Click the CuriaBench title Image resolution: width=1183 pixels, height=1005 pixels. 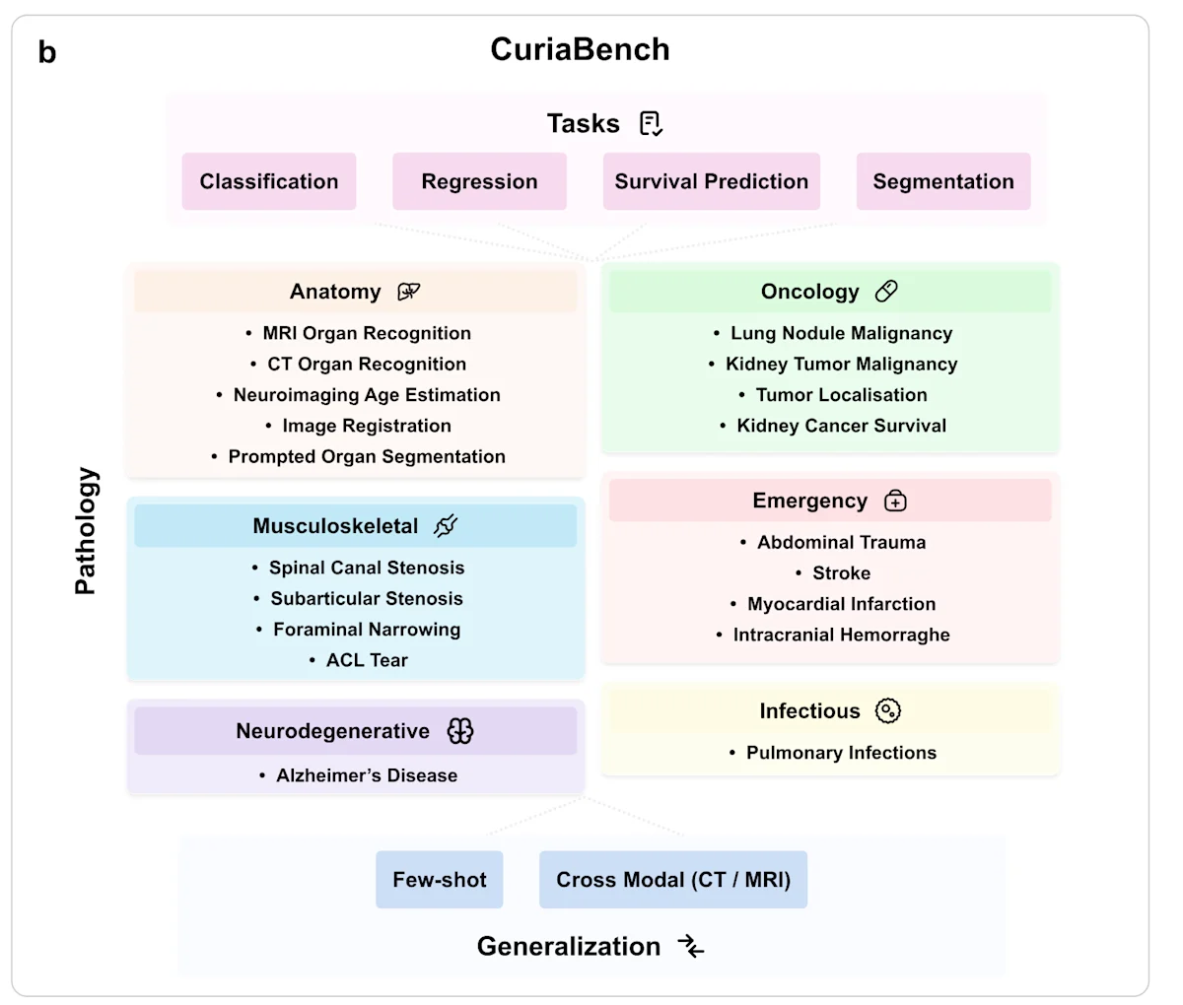click(x=580, y=49)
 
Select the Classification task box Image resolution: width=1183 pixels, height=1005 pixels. click(x=269, y=181)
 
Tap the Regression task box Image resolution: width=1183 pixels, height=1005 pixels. click(x=479, y=181)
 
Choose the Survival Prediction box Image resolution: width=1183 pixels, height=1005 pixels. click(x=711, y=181)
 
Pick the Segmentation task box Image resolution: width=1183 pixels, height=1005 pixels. click(x=943, y=181)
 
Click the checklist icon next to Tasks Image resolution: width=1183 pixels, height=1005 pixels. click(x=651, y=123)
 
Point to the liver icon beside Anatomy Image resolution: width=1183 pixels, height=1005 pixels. click(x=408, y=292)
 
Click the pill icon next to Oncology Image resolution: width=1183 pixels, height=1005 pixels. click(x=886, y=292)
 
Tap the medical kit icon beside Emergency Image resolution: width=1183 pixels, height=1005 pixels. click(x=895, y=502)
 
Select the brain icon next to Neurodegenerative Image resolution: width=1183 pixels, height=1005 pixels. click(x=460, y=731)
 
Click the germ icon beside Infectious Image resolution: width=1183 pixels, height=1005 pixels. click(x=888, y=710)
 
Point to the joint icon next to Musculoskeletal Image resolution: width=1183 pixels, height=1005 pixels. click(x=446, y=526)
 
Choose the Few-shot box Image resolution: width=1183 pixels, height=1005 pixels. click(x=440, y=880)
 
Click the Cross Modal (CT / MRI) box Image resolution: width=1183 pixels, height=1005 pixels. click(x=673, y=880)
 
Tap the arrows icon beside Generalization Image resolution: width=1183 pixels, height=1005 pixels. click(x=691, y=947)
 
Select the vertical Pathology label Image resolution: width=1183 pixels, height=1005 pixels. click(x=86, y=531)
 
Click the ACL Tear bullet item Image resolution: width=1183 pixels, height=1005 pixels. click(x=366, y=660)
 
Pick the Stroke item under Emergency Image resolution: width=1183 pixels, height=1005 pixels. click(x=841, y=573)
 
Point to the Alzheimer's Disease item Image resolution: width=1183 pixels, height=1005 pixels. click(x=366, y=775)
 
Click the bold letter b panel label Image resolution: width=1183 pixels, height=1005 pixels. click(x=47, y=52)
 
